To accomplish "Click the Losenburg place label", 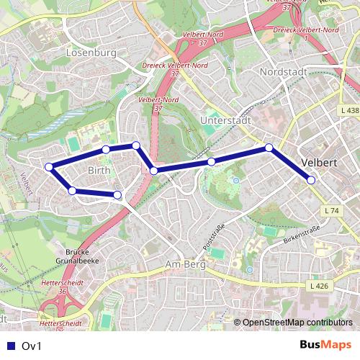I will (x=90, y=53).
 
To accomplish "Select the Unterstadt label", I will (x=225, y=120).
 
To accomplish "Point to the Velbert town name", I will (x=320, y=162).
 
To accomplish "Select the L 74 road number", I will (x=332, y=210).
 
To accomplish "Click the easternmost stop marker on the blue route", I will (x=311, y=180).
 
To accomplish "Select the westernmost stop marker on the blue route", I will (x=49, y=167).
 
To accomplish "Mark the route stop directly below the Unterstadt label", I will (x=211, y=162).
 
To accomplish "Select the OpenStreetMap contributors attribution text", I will (x=297, y=322).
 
